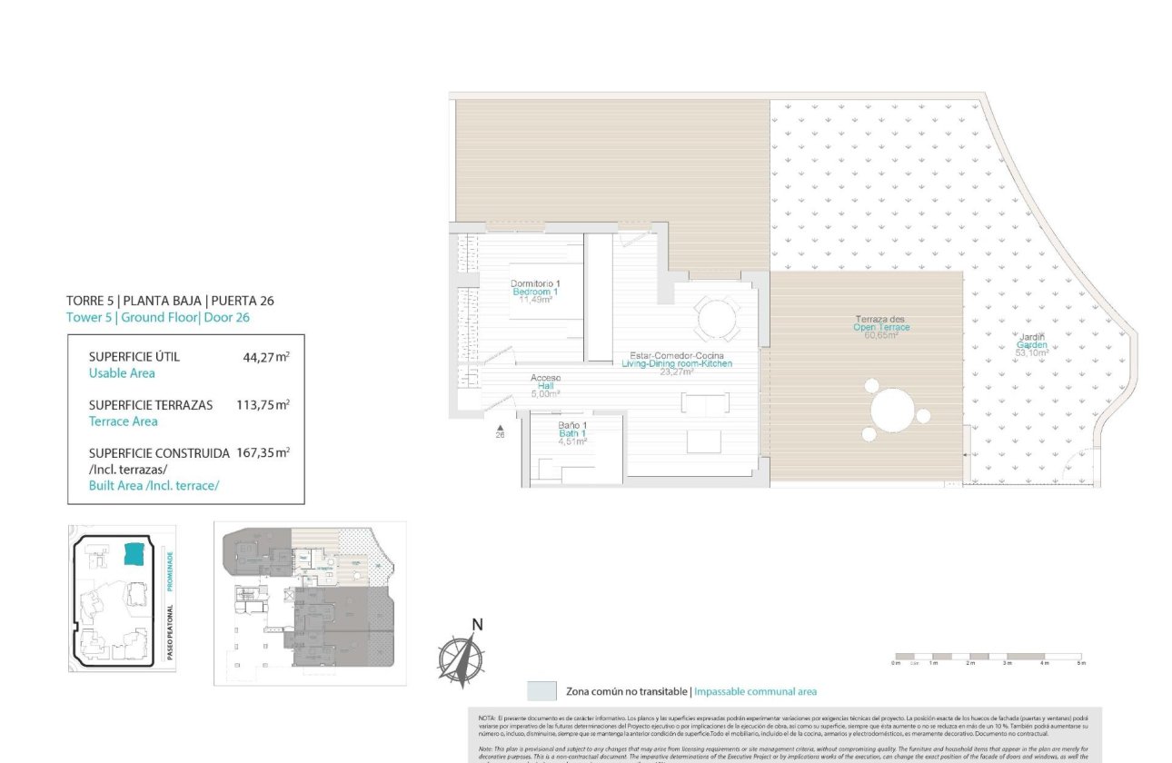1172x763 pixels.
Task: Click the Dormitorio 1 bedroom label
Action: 535,283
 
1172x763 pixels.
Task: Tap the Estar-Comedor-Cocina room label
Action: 676,355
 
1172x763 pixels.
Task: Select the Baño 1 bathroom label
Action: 572,426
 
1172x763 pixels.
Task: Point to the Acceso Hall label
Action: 546,378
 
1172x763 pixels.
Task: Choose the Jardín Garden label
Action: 1031,338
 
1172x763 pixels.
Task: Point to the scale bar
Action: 988,657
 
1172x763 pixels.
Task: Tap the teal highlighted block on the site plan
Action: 134,554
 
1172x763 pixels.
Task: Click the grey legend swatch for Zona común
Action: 541,691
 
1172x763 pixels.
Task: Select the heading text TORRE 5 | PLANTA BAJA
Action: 170,301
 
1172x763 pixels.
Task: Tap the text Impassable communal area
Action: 755,692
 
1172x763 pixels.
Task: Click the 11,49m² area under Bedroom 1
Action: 535,300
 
